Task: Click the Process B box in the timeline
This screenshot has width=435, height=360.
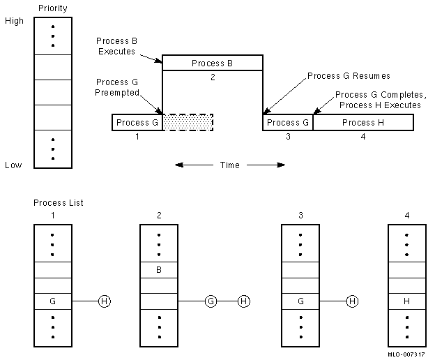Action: [x=213, y=63]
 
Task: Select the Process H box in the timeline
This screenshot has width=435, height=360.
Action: [x=363, y=123]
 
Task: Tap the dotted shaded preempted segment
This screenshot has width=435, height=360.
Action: [x=188, y=123]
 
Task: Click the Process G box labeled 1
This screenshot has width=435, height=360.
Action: [x=137, y=123]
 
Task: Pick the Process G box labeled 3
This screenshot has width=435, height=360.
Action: [x=287, y=123]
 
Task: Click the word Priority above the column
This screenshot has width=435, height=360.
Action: [x=53, y=9]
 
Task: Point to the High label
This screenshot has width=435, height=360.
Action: [x=14, y=21]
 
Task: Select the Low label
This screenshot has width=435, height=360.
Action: [x=13, y=165]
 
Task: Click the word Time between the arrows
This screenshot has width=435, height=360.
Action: [x=229, y=165]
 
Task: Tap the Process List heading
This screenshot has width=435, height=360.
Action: [x=59, y=203]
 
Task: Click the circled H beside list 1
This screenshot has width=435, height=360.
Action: [x=105, y=301]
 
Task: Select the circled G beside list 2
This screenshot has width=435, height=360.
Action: [x=211, y=301]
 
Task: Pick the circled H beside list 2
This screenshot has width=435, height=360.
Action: [x=243, y=301]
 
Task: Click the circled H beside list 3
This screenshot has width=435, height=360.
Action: [x=353, y=301]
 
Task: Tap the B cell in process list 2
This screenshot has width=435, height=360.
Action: [x=160, y=269]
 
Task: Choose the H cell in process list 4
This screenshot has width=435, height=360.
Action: [x=406, y=301]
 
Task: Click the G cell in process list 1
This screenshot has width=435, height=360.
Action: [x=52, y=301]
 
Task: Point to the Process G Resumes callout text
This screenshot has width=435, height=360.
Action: [x=349, y=75]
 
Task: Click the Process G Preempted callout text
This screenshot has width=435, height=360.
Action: [x=112, y=87]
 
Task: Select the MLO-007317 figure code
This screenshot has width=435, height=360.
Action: [x=406, y=354]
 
